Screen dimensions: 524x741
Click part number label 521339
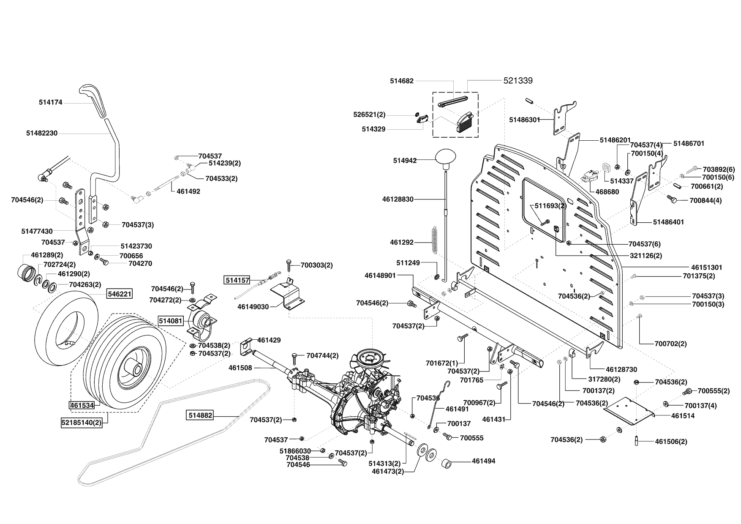tap(518, 80)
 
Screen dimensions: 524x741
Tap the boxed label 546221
tap(119, 294)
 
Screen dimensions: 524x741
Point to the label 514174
tap(50, 102)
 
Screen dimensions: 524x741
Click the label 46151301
tap(707, 267)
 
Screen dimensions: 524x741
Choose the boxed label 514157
tap(237, 280)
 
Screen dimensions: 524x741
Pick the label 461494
tap(483, 461)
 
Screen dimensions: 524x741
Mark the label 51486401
tap(668, 222)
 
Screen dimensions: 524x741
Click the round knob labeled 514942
tap(446, 157)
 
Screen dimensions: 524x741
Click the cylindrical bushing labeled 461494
tap(448, 463)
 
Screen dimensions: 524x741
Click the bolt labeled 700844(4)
tap(672, 199)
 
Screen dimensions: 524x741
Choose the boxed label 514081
tap(171, 321)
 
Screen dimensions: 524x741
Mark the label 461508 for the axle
tap(240, 368)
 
